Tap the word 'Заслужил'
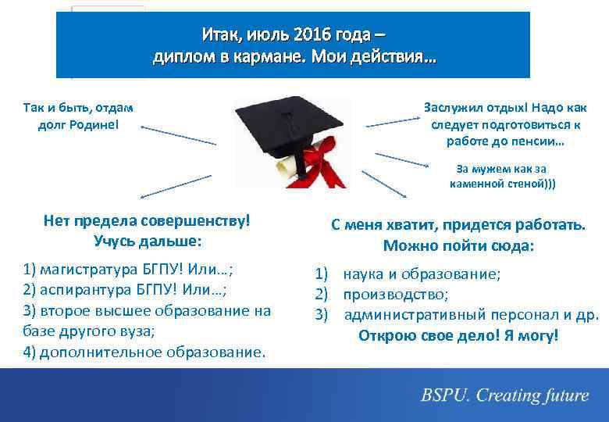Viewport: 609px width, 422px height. [x=451, y=108]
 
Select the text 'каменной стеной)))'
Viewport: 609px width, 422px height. [x=503, y=184]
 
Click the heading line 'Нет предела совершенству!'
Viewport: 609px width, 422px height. [x=148, y=221]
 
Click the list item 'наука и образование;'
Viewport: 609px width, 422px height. [x=422, y=274]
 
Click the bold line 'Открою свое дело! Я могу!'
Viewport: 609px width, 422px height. [x=458, y=335]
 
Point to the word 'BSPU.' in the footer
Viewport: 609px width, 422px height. [x=446, y=395]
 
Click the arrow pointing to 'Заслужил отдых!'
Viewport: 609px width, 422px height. [x=394, y=121]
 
